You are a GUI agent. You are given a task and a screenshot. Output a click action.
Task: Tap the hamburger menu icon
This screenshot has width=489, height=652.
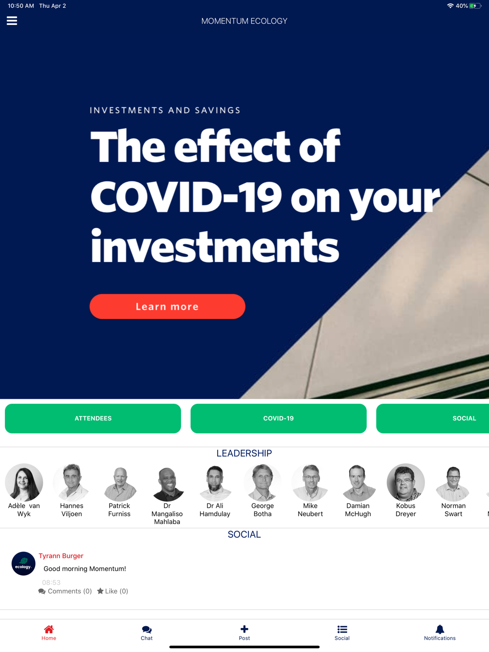click(x=12, y=21)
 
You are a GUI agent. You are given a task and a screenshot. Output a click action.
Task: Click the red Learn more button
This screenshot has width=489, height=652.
click(x=167, y=306)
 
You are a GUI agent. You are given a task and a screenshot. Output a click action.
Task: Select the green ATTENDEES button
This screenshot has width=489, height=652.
click(x=93, y=418)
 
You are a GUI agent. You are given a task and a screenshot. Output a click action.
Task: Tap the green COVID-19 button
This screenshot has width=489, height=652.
click(x=278, y=418)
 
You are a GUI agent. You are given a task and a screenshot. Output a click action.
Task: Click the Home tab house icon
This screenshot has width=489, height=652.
click(x=49, y=629)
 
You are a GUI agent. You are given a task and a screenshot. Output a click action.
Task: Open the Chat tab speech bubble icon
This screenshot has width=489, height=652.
click(x=147, y=629)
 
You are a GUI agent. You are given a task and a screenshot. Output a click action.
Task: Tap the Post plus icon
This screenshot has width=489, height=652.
click(x=244, y=629)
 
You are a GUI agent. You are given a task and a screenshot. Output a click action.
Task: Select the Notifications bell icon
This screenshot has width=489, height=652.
click(x=440, y=629)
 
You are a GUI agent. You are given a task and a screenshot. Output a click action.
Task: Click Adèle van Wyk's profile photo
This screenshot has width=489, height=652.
click(x=24, y=482)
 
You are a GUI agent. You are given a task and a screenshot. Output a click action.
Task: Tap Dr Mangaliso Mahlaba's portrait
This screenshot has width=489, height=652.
click(x=167, y=482)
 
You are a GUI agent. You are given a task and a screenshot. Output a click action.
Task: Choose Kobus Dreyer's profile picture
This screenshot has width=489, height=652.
click(x=405, y=482)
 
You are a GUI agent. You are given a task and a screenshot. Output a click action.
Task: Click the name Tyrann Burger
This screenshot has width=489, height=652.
click(x=61, y=556)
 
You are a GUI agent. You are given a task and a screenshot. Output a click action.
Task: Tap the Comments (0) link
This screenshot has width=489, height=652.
click(x=65, y=591)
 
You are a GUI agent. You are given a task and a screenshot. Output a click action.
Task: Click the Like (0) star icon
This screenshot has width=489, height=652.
click(x=100, y=591)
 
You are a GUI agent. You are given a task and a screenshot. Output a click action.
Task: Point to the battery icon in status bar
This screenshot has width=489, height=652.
click(x=475, y=6)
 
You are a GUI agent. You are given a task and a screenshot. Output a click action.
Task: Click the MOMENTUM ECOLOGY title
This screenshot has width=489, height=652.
click(x=244, y=21)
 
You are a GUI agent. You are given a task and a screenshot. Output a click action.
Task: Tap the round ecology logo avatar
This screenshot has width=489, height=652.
click(x=23, y=564)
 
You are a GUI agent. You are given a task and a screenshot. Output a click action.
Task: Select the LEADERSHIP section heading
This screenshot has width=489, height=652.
click(x=244, y=453)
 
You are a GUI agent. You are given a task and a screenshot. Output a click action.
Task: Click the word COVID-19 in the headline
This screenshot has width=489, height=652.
click(x=186, y=197)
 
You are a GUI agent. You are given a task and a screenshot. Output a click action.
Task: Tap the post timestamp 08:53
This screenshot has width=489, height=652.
click(x=51, y=583)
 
